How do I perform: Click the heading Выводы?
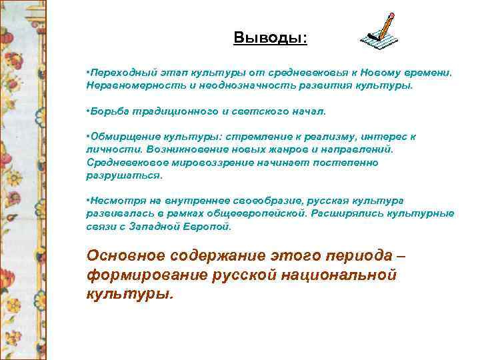271,37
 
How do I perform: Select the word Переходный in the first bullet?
117,72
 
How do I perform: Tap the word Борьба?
105,111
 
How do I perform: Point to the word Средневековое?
121,162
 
